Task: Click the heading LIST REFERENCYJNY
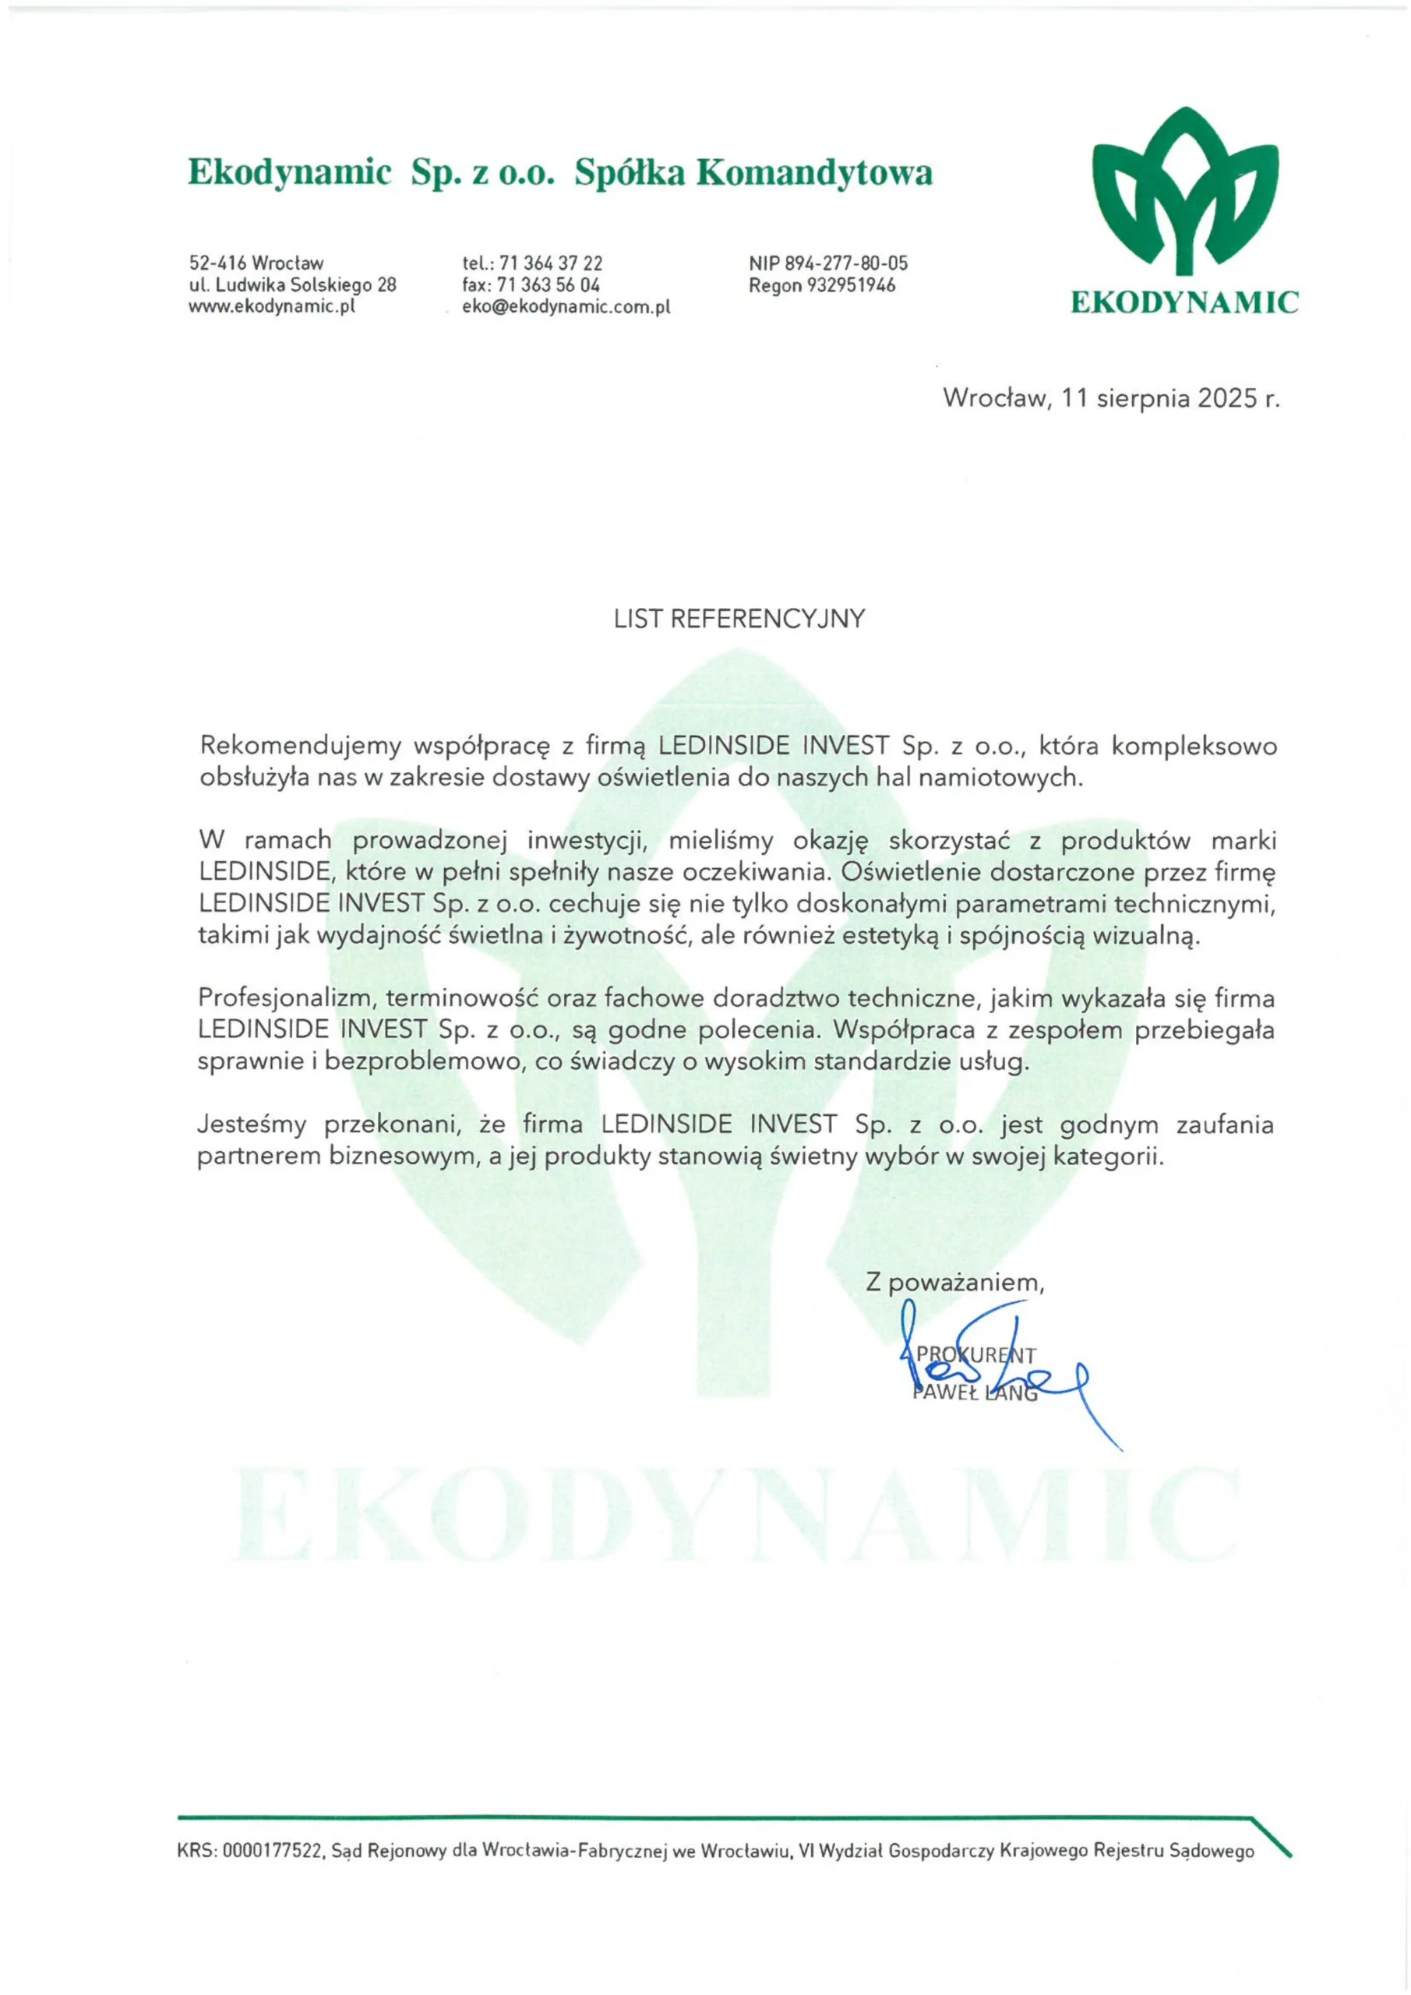(x=739, y=619)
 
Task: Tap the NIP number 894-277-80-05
(x=847, y=263)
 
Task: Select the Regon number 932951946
(x=852, y=285)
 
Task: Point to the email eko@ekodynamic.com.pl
(x=566, y=307)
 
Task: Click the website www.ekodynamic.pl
(x=273, y=305)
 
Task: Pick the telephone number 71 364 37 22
(x=551, y=263)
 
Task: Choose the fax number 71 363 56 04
(x=549, y=285)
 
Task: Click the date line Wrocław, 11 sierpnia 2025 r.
(x=1111, y=398)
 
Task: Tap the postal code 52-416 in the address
(x=217, y=263)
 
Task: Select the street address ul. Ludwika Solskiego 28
(x=293, y=285)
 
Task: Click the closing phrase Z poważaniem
(x=954, y=1283)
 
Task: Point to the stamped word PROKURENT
(x=975, y=1354)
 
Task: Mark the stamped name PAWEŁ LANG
(x=975, y=1393)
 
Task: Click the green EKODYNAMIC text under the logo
(x=1184, y=303)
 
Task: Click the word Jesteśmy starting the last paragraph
(x=252, y=1125)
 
